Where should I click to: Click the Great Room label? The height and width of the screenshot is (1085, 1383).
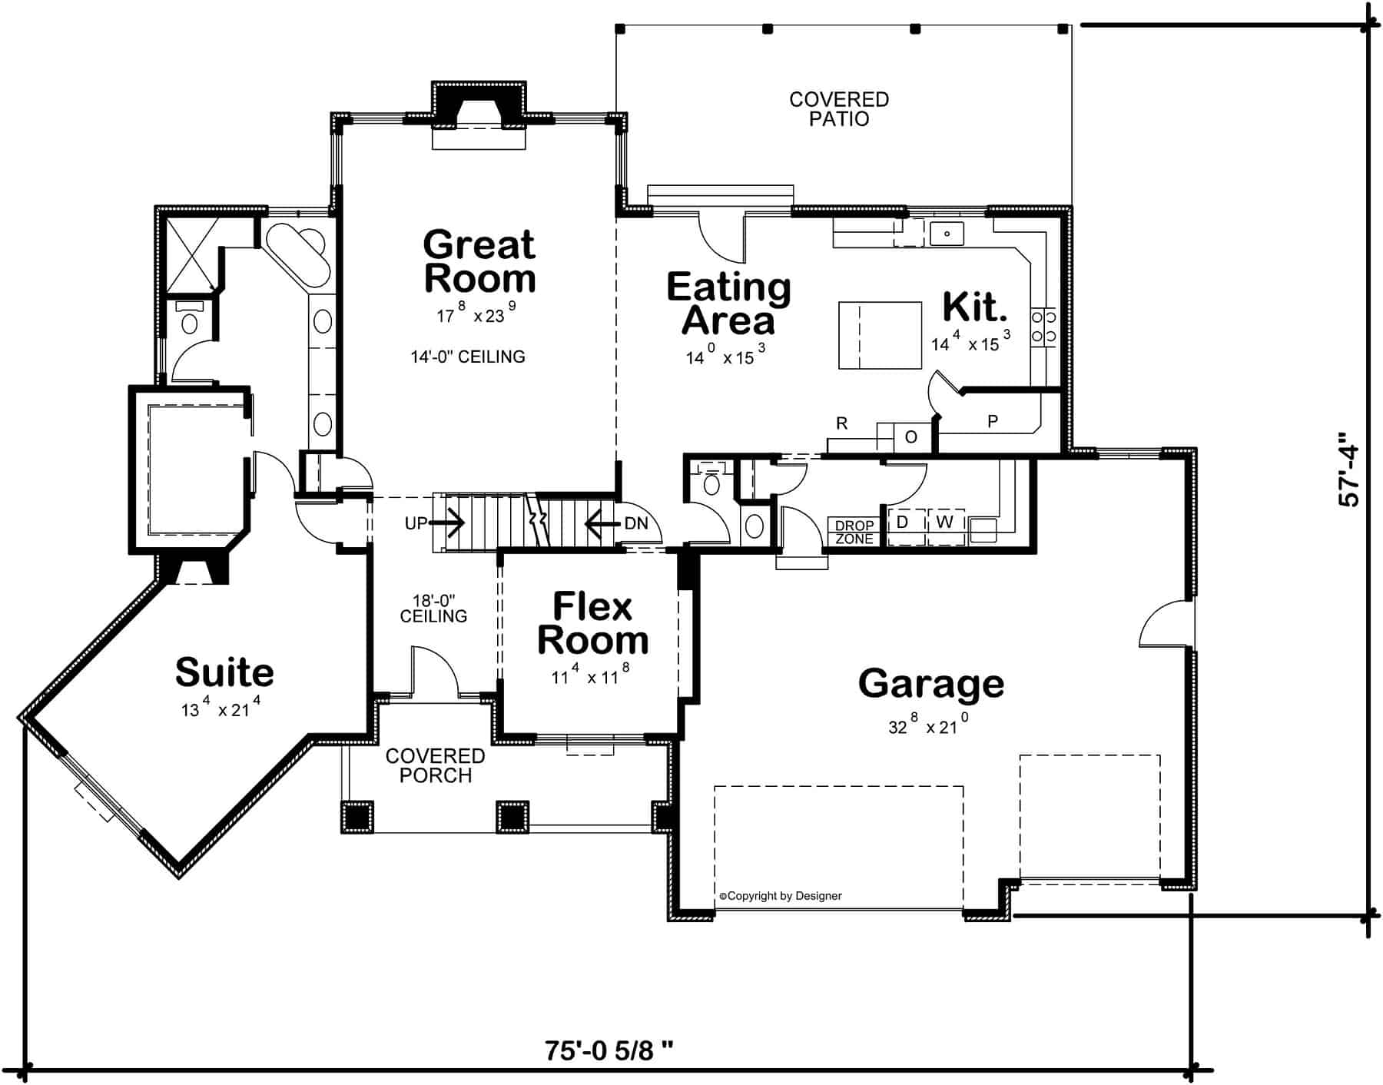point(479,262)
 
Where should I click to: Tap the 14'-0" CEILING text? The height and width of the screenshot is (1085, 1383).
point(467,357)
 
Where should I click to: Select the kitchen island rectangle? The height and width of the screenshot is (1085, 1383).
point(879,335)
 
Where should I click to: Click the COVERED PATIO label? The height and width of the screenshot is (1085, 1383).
point(838,109)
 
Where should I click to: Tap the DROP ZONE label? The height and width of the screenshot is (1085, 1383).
point(854,533)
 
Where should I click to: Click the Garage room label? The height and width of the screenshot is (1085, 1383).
point(930,683)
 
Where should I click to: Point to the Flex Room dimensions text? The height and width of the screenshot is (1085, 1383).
point(590,676)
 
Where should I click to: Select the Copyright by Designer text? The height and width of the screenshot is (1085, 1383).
point(781,896)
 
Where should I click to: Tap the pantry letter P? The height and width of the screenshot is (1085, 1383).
point(992,421)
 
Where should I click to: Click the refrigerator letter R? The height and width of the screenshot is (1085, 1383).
point(841,423)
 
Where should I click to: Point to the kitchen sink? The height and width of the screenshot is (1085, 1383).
point(947,233)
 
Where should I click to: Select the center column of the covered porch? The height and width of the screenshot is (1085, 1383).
point(512,818)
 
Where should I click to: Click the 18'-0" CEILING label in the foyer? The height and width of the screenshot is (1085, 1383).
point(433,608)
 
